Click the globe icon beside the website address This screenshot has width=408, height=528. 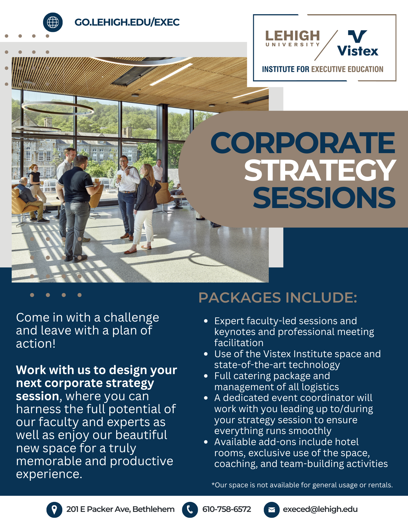(53, 22)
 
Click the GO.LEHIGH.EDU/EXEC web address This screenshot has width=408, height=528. (127, 22)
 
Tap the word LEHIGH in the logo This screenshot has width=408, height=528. (292, 36)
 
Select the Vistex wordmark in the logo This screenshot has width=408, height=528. (358, 51)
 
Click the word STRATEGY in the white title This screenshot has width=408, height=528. (320, 171)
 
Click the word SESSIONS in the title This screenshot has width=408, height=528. (324, 198)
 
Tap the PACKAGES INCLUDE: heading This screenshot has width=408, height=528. (278, 298)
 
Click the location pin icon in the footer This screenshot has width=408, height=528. (54, 510)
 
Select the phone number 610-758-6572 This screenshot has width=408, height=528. (227, 509)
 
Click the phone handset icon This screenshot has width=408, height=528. (190, 510)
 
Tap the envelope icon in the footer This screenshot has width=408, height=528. (271, 510)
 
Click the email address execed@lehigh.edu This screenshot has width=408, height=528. (320, 509)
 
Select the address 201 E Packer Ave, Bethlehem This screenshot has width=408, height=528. (120, 509)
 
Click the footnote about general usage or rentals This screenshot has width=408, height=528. (302, 485)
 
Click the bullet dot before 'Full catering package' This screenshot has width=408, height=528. (206, 376)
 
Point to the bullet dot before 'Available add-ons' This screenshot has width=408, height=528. (206, 442)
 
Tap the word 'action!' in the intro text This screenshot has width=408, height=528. (36, 344)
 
